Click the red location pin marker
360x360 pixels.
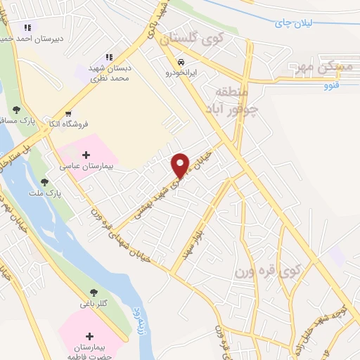tap(181, 165)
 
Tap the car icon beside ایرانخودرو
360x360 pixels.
tap(182, 61)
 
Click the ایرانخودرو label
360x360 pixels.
tap(181, 72)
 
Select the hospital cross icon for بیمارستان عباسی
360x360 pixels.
tap(86, 155)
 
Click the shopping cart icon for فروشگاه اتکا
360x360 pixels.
tap(67, 113)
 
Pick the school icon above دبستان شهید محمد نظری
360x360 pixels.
tap(109, 56)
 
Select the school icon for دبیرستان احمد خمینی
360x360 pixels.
tap(27, 27)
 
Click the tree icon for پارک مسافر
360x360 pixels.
tap(16, 109)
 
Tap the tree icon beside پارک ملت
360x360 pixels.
tap(44, 182)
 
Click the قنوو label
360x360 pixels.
tap(331, 86)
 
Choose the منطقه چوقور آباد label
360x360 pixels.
tap(231, 101)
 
